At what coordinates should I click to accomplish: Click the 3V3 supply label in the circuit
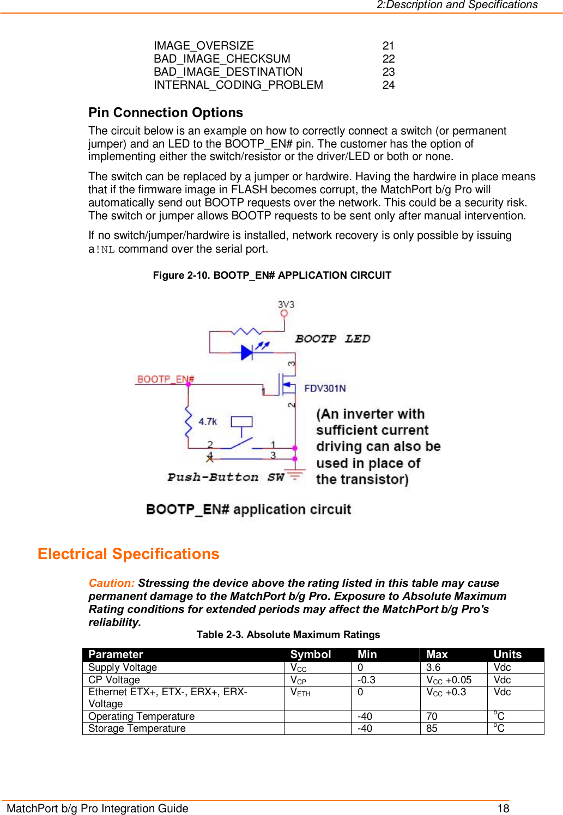tap(286, 304)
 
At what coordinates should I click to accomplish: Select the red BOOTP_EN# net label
tap(165, 379)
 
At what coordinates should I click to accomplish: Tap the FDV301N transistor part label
tap(325, 388)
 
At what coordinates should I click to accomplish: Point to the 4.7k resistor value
tap(208, 421)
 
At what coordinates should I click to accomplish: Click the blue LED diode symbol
tap(247, 352)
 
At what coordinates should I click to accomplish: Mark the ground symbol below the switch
tap(295, 475)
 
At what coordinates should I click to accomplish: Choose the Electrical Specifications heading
tap(128, 554)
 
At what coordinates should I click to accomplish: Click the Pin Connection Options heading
tap(166, 113)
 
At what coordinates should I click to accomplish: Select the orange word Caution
tap(111, 583)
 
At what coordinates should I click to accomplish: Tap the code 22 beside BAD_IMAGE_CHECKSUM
tap(388, 59)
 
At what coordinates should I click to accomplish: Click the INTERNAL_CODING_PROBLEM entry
tap(238, 85)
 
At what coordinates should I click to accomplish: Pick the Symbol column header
tap(310, 654)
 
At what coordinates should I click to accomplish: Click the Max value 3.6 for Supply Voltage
tap(433, 667)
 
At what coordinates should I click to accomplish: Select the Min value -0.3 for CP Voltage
tap(366, 680)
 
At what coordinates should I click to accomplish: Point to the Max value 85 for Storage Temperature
tap(432, 728)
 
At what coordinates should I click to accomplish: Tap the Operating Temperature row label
tap(141, 716)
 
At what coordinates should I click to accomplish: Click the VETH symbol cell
tap(300, 693)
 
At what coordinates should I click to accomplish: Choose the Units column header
tap(507, 654)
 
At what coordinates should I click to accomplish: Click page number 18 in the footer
tap(503, 808)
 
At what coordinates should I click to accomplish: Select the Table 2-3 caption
tap(288, 635)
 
